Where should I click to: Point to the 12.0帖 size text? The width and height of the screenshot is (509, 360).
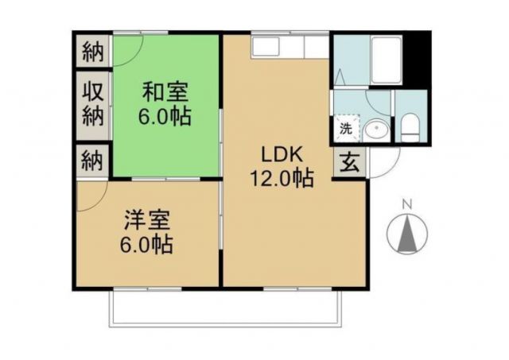pyautogui.click(x=282, y=178)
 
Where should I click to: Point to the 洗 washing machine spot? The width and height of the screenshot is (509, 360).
pyautogui.click(x=346, y=127)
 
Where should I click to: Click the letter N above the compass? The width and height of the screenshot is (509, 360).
pyautogui.click(x=407, y=205)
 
